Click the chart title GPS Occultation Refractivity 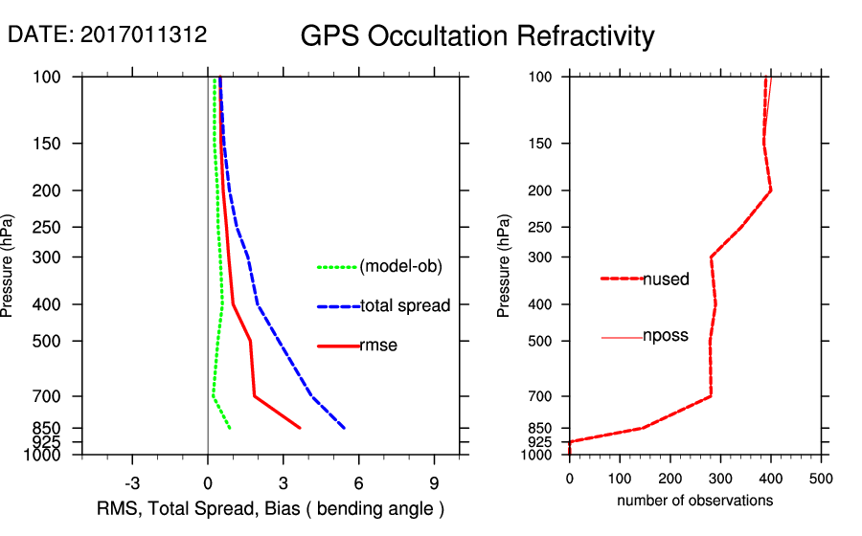[477, 36]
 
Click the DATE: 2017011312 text [107, 34]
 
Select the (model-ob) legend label [400, 267]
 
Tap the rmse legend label [378, 346]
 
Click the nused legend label [666, 279]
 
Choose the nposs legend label [666, 337]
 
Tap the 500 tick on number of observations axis [821, 479]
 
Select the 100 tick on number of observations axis [620, 479]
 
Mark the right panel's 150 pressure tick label [537, 144]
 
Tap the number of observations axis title [694, 500]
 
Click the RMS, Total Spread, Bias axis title [271, 507]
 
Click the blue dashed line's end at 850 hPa [344, 427]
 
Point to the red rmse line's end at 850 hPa [300, 427]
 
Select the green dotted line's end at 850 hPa [230, 427]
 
